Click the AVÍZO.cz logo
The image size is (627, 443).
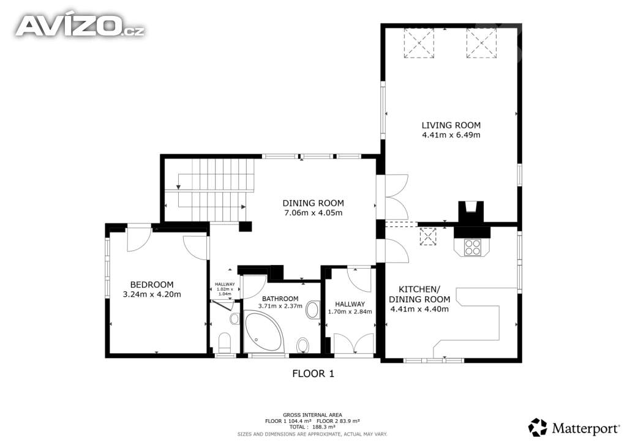pos(80,26)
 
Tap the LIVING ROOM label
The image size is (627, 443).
pos(451,125)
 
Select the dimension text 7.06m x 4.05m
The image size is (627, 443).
pos(313,212)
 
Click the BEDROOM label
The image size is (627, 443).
pos(152,285)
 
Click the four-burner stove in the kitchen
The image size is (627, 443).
pos(472,247)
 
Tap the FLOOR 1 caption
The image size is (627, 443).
pos(313,373)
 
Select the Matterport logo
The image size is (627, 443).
pos(574,428)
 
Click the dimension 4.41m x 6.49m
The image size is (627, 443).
pos(451,135)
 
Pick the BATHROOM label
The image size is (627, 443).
pos(280,299)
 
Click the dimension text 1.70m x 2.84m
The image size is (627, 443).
pos(350,311)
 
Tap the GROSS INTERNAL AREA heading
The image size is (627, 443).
pos(312,415)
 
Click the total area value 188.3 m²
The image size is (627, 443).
pos(323,426)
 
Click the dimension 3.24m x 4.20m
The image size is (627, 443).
pos(152,294)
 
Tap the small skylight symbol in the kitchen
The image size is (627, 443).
pos(428,236)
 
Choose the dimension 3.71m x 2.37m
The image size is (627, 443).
pos(280,306)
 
